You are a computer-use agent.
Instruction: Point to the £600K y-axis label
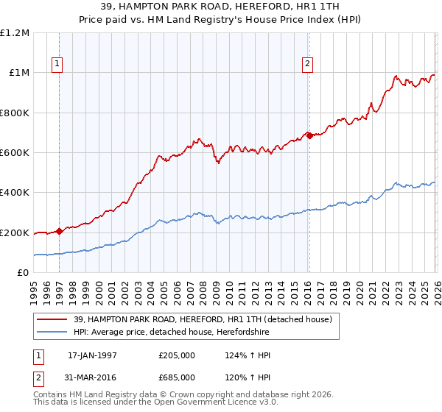15,153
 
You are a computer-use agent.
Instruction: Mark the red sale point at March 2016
309,135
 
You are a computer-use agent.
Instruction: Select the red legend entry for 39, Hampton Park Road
203,319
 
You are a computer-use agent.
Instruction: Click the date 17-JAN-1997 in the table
92,355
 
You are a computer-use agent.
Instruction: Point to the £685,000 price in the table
176,377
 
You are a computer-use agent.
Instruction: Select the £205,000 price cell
176,355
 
